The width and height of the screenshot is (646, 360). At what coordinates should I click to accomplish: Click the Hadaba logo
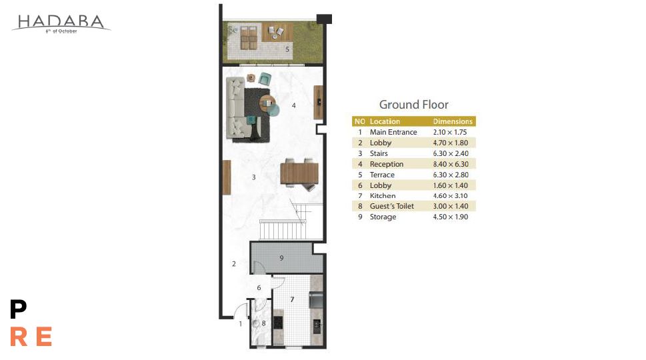point(61,23)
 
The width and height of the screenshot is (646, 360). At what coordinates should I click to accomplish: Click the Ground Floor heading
point(413,105)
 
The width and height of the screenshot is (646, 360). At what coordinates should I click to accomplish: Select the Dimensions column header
point(453,121)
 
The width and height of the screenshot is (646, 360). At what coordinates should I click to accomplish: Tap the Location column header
point(385,121)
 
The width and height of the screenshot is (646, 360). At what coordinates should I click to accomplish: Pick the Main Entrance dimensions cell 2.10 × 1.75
point(450,132)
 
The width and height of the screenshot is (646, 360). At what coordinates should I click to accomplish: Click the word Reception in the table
point(387,164)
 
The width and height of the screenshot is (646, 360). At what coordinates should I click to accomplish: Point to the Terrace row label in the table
point(382,175)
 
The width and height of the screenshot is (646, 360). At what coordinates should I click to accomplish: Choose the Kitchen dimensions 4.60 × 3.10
point(450,195)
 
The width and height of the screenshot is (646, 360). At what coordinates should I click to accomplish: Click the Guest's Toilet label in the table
point(392,206)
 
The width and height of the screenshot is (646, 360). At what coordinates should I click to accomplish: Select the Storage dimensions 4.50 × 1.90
point(450,217)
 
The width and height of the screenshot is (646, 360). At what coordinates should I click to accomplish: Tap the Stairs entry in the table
point(379,153)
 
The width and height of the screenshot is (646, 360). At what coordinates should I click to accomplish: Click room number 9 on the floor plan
point(281,258)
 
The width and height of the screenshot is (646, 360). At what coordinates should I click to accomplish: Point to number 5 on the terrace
point(287,49)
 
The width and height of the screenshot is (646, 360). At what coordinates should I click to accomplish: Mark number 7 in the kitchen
point(292,299)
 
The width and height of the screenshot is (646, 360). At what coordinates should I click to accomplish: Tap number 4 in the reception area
point(294,105)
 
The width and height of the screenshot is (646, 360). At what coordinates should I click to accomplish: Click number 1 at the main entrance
point(241,324)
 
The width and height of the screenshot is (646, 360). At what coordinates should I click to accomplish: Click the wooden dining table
point(299,173)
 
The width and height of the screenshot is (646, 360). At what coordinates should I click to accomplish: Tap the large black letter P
point(18,309)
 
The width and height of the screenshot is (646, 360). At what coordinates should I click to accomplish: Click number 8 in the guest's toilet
point(264,323)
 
